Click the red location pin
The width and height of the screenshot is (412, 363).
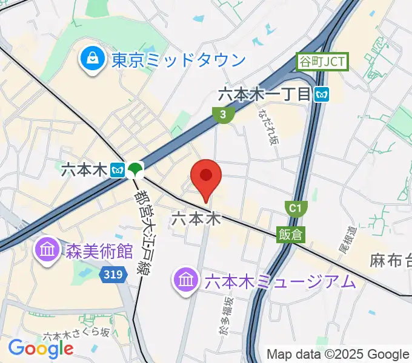(x=206, y=177)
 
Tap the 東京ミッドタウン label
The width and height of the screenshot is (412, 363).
(x=179, y=60)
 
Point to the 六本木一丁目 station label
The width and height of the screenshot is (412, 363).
(x=264, y=94)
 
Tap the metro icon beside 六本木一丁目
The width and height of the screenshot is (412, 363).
(x=322, y=94)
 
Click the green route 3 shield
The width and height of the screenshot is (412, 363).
(x=223, y=114)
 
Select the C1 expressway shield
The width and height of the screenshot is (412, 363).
(x=294, y=209)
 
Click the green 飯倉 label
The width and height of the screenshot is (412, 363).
(x=291, y=234)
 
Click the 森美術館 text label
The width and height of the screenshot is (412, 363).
(x=98, y=250)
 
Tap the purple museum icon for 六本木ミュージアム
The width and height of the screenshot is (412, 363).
(x=185, y=280)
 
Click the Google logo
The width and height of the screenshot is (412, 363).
(x=41, y=348)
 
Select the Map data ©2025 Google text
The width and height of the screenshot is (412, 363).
(x=338, y=354)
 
